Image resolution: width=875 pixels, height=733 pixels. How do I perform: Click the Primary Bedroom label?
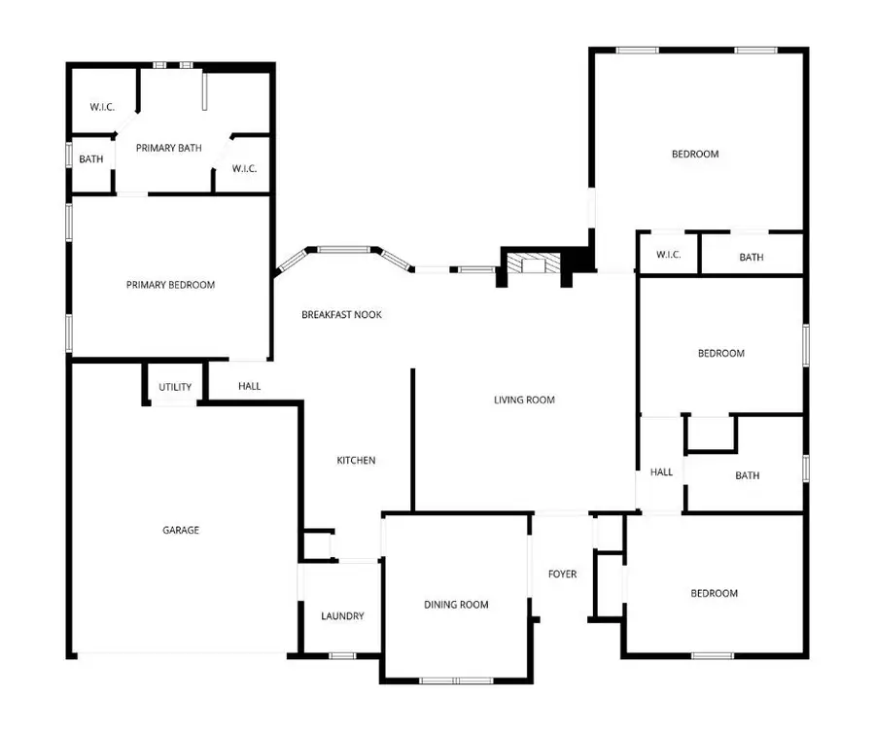pos(170,285)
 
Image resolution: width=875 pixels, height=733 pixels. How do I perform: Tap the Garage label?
pos(181,530)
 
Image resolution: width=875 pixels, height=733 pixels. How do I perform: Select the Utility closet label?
pos(175,387)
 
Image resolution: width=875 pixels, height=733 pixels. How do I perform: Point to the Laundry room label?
pos(342,615)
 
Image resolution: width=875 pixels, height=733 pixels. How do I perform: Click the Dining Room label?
pos(456,605)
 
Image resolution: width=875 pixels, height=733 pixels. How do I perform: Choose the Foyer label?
pos(562,574)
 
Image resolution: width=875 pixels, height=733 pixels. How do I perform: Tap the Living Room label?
pos(524,400)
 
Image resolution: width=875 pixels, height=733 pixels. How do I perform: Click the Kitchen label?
pos(356,460)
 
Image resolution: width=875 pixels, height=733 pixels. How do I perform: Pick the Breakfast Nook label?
pos(341,314)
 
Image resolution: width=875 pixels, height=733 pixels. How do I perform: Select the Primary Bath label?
pos(169,148)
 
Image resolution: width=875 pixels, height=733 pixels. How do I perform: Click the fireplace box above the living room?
pos(533,265)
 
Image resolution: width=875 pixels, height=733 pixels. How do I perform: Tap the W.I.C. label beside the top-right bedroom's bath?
pos(668,255)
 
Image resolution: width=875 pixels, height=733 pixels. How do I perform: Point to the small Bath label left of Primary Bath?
pos(91,159)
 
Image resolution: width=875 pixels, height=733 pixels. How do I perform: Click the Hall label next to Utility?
pos(249,386)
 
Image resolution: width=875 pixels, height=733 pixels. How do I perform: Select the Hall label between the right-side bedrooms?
pos(661,472)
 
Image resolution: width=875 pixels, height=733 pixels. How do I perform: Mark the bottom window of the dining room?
pos(457,680)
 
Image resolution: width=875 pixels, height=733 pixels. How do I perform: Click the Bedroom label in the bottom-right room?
pos(714,593)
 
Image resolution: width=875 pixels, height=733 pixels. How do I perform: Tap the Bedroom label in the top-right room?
pos(695,154)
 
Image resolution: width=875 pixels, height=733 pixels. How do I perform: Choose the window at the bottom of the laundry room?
pos(341,656)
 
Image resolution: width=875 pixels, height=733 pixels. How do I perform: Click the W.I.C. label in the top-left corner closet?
pos(102,107)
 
